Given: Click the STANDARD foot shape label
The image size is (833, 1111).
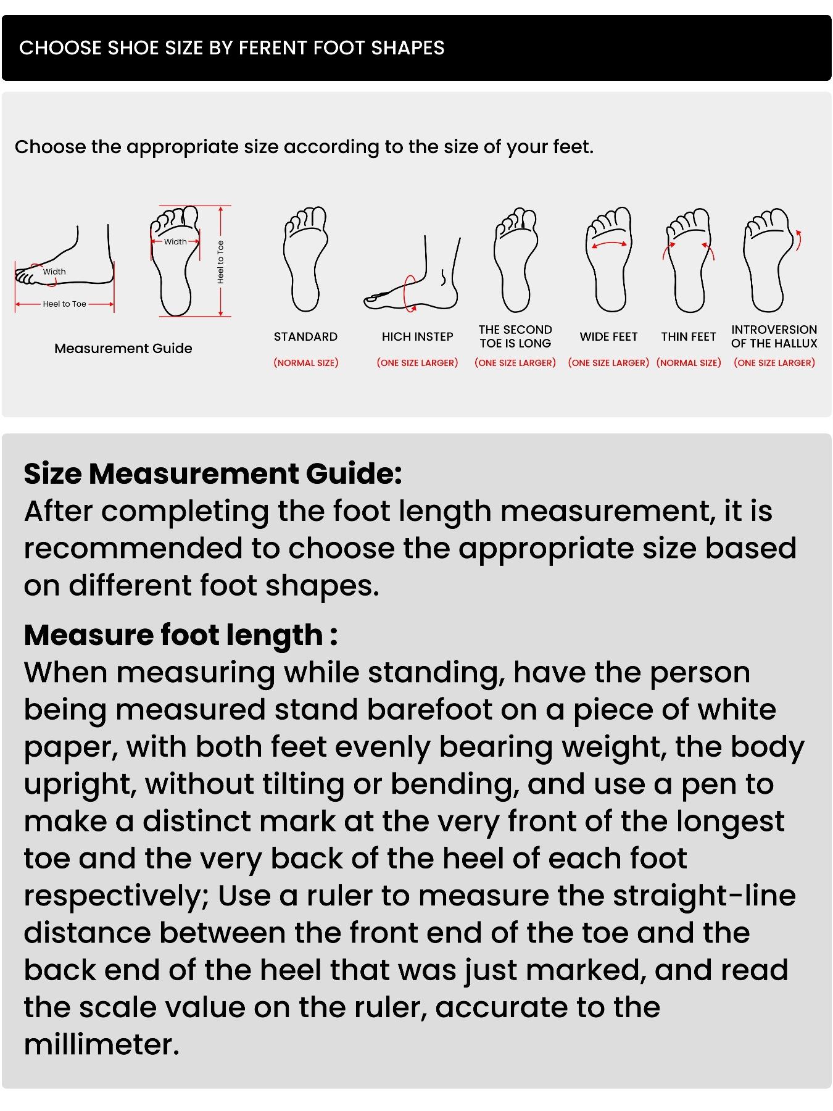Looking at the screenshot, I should (x=305, y=336).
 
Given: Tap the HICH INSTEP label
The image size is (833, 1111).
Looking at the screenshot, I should (x=417, y=336).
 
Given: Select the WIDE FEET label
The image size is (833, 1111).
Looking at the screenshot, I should (x=608, y=336).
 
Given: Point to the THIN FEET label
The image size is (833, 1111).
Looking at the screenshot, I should (x=688, y=336).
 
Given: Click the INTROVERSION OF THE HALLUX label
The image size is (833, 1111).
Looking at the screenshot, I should (x=774, y=336).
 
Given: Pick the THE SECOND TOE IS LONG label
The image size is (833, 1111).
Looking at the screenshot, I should (x=515, y=336).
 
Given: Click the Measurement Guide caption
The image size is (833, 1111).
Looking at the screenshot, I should (x=123, y=348).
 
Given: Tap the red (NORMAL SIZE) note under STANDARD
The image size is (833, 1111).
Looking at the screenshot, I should (x=305, y=363).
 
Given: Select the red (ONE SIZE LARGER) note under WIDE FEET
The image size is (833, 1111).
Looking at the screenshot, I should (x=608, y=363).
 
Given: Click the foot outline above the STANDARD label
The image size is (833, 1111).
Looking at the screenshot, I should (x=305, y=259).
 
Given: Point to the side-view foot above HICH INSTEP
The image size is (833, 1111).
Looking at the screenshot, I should (x=413, y=278).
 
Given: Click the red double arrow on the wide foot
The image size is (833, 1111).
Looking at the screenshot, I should (x=609, y=245).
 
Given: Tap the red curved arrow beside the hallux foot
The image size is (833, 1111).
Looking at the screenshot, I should (x=799, y=240).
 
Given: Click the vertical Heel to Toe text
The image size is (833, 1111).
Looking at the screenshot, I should (x=220, y=262).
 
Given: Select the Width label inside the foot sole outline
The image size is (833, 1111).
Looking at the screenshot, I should (x=175, y=241).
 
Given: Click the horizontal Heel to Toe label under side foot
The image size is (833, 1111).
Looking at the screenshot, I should (x=64, y=304).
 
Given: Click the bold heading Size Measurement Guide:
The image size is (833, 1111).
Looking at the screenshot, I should (x=213, y=474).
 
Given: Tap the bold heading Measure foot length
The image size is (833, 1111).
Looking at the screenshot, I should (x=180, y=635).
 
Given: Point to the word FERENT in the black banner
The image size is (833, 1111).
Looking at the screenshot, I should (x=273, y=48).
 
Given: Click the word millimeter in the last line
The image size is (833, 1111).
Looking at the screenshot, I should (x=101, y=1044).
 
